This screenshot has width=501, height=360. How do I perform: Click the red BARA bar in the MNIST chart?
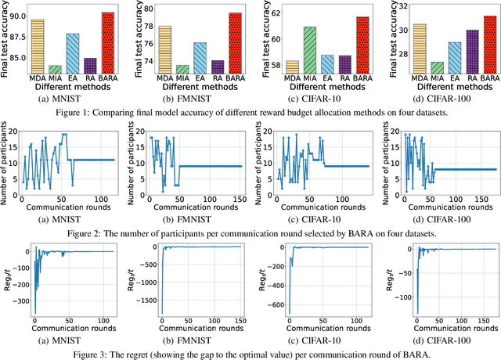[x=107, y=42]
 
